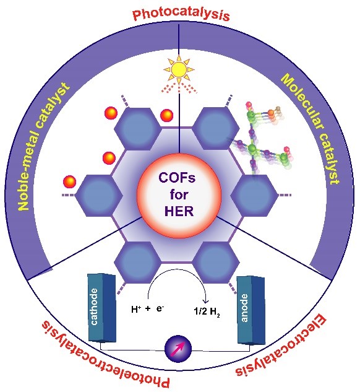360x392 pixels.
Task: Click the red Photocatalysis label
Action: (x=181, y=14)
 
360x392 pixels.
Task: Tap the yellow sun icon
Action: (x=179, y=69)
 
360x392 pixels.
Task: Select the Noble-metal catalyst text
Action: (x=43, y=147)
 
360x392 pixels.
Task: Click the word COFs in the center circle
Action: (x=178, y=178)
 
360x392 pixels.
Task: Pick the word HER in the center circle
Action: (x=179, y=211)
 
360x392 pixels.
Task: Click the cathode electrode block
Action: (x=102, y=308)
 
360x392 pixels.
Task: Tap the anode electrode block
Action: (x=251, y=310)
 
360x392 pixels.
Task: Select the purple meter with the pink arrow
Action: (x=178, y=349)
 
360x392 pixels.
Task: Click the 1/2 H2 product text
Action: (x=207, y=312)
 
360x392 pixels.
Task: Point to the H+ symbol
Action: (x=135, y=310)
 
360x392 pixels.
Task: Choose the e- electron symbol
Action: (x=160, y=309)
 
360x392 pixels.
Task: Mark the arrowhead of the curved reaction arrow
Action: (x=206, y=300)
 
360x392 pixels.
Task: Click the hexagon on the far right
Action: (x=254, y=195)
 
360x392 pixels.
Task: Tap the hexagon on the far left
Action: (x=99, y=195)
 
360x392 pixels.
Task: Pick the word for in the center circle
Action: (x=179, y=194)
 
